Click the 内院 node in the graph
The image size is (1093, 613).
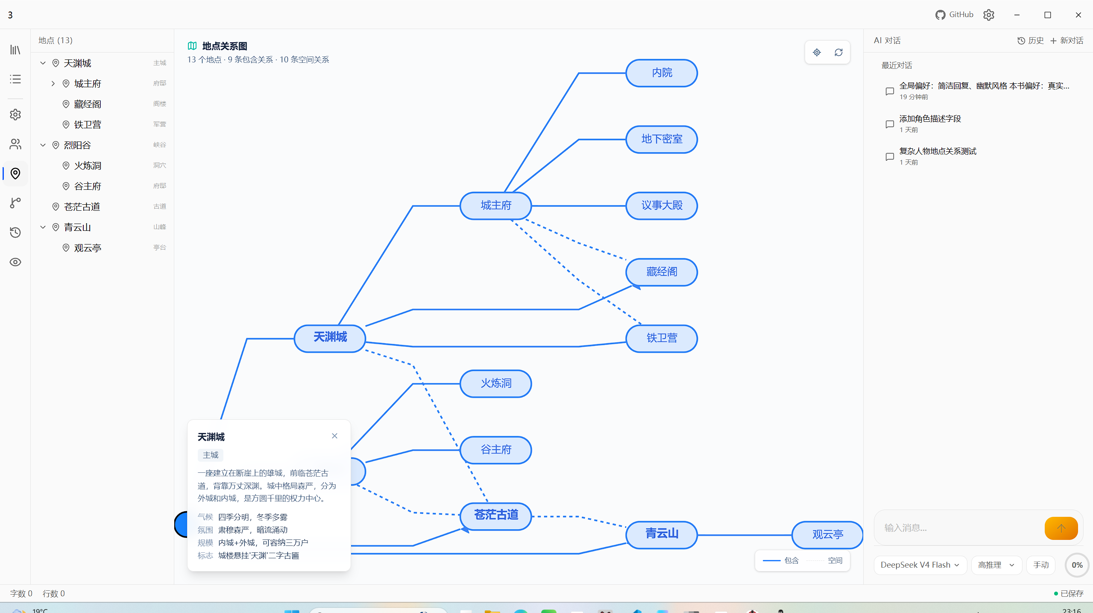tap(662, 73)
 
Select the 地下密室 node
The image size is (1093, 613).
tap(662, 139)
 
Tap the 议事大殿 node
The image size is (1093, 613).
tap(662, 206)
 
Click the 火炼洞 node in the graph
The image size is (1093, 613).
tap(496, 383)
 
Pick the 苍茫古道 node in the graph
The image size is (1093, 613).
tap(496, 516)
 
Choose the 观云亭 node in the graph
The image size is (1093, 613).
tap(827, 535)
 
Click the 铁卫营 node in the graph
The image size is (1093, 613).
tap(662, 339)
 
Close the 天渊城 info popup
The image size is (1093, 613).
tap(334, 436)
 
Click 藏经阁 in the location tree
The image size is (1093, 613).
tap(88, 104)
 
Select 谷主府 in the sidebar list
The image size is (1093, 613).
tap(88, 186)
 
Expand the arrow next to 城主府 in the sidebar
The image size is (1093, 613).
tap(53, 83)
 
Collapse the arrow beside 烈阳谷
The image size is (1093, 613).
tap(43, 145)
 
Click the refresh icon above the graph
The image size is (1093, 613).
tap(838, 52)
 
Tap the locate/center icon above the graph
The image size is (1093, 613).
tap(817, 52)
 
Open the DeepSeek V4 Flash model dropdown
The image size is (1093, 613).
tap(920, 565)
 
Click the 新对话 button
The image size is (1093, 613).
tap(1067, 41)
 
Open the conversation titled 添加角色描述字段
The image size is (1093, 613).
tap(930, 119)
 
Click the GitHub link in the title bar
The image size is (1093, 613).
tap(954, 15)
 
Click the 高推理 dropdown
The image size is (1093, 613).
tap(996, 565)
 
